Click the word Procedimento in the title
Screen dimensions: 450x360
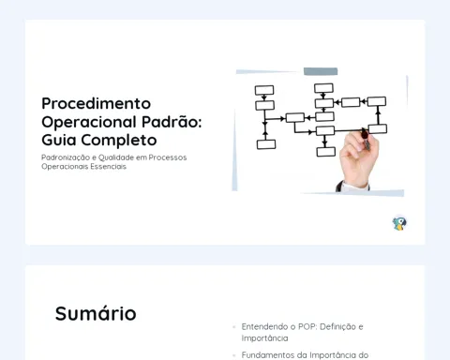[97, 103]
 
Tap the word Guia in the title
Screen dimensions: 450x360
[59, 140]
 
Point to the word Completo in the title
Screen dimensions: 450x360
[119, 140]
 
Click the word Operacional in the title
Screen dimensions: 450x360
[89, 122]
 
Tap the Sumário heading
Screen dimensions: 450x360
[96, 313]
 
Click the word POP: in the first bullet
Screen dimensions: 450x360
[307, 326]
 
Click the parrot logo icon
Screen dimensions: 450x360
[399, 223]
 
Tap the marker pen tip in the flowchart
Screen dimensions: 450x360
[365, 134]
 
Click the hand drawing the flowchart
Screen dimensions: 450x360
[359, 158]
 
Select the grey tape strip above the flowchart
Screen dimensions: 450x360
[321, 71]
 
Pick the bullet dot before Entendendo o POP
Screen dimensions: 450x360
[233, 327]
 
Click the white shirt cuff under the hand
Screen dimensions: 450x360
[353, 187]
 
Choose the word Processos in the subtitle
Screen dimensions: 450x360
[168, 157]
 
